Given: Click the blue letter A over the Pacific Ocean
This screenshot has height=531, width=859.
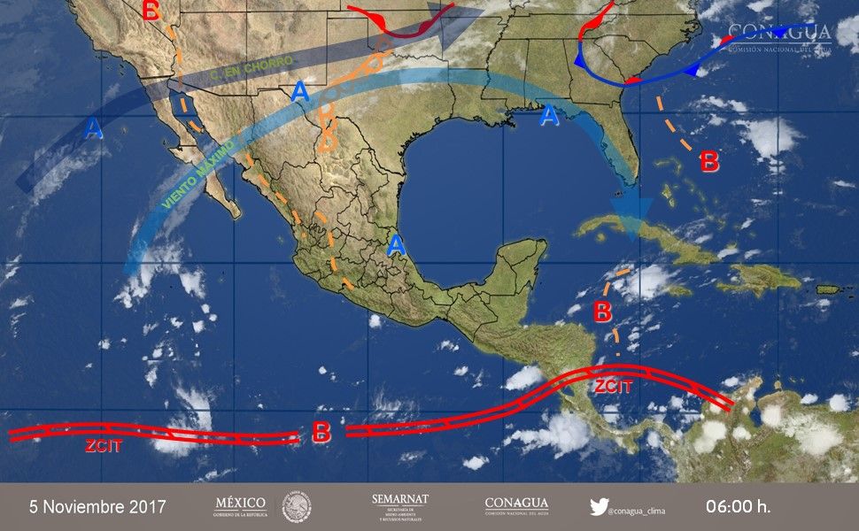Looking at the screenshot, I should coord(94,130).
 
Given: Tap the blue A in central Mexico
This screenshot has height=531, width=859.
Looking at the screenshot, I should coord(397,243).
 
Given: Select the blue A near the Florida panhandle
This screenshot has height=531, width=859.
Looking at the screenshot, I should coord(550,116).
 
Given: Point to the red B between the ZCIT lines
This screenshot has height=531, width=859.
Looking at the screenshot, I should coord(321,433).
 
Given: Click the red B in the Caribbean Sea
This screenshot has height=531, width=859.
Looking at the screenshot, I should coord(602,312).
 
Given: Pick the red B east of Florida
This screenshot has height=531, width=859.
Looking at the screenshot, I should coord(709,162).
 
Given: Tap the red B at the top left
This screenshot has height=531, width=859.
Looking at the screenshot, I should coord(151,11).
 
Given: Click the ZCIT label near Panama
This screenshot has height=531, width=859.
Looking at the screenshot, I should coord(612,386).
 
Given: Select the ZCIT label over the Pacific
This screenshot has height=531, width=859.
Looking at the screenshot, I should coord(104,446).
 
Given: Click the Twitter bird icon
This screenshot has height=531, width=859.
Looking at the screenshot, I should coord(599,507).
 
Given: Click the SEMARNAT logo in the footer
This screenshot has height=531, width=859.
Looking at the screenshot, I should coord(400,507).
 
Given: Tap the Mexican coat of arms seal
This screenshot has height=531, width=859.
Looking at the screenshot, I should coord(297,507).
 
